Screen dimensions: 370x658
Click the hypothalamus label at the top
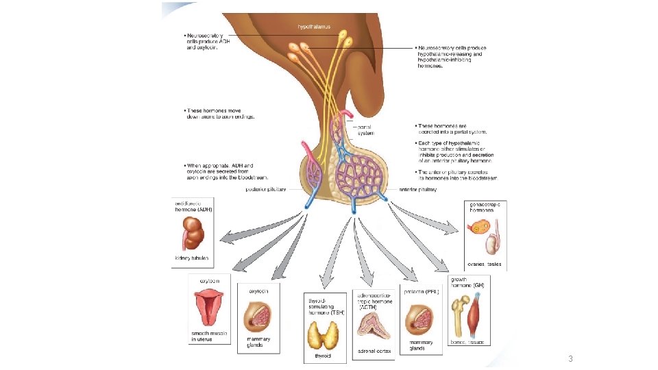click(313, 27)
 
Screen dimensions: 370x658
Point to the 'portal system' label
click(365, 130)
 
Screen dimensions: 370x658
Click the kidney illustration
click(193, 236)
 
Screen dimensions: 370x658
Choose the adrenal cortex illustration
click(374, 327)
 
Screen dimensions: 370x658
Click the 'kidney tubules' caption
click(191, 258)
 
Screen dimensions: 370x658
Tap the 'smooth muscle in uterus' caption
click(208, 336)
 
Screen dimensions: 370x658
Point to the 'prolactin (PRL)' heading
click(422, 292)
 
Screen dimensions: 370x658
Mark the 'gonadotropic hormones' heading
click(485, 207)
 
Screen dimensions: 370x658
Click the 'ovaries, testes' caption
click(485, 264)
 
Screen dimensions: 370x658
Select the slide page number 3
click(570, 359)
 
